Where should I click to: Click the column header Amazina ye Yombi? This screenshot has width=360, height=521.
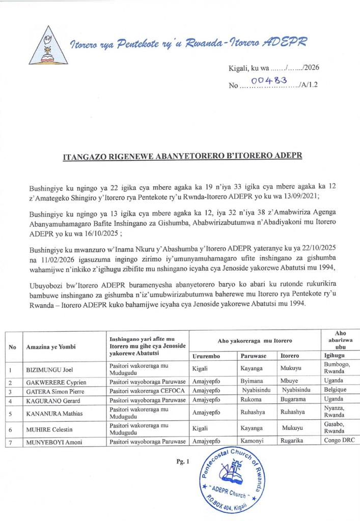coord(51,346)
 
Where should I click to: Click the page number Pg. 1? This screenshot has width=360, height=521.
coord(184,462)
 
